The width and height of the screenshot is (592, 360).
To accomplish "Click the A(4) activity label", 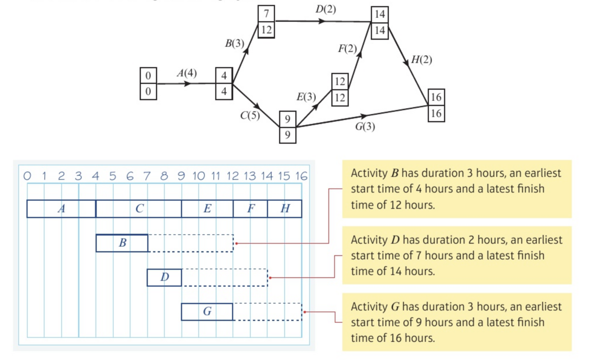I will tap(186, 73).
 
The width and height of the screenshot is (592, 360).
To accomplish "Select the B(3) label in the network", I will tap(234, 44).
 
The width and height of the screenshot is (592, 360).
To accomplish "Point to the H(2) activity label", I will tap(421, 60).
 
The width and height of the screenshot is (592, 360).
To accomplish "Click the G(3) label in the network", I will tap(365, 127).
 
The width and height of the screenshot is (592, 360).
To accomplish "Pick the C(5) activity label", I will tap(250, 116).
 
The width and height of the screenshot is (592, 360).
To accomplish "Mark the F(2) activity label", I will tap(347, 49).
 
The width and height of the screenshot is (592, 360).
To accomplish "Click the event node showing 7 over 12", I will tap(266, 22).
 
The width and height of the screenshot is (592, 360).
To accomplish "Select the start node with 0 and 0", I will tap(148, 83).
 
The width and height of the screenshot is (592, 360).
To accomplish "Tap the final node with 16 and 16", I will tap(436, 105).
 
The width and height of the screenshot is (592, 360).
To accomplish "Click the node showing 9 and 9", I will tap(288, 127).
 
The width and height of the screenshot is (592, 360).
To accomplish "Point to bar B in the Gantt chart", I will tap(122, 243).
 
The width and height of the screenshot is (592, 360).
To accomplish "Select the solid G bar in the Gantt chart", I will tap(207, 312).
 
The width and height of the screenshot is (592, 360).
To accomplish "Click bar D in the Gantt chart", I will tap(164, 277).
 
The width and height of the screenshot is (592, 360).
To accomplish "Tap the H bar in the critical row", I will tap(284, 209).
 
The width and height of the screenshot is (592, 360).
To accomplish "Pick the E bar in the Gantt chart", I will tap(207, 209).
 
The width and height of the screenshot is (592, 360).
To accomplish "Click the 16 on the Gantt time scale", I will tap(301, 176).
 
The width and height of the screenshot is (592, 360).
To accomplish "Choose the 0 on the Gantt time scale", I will tap(28, 176).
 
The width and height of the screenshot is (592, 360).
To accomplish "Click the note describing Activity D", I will tap(457, 255).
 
